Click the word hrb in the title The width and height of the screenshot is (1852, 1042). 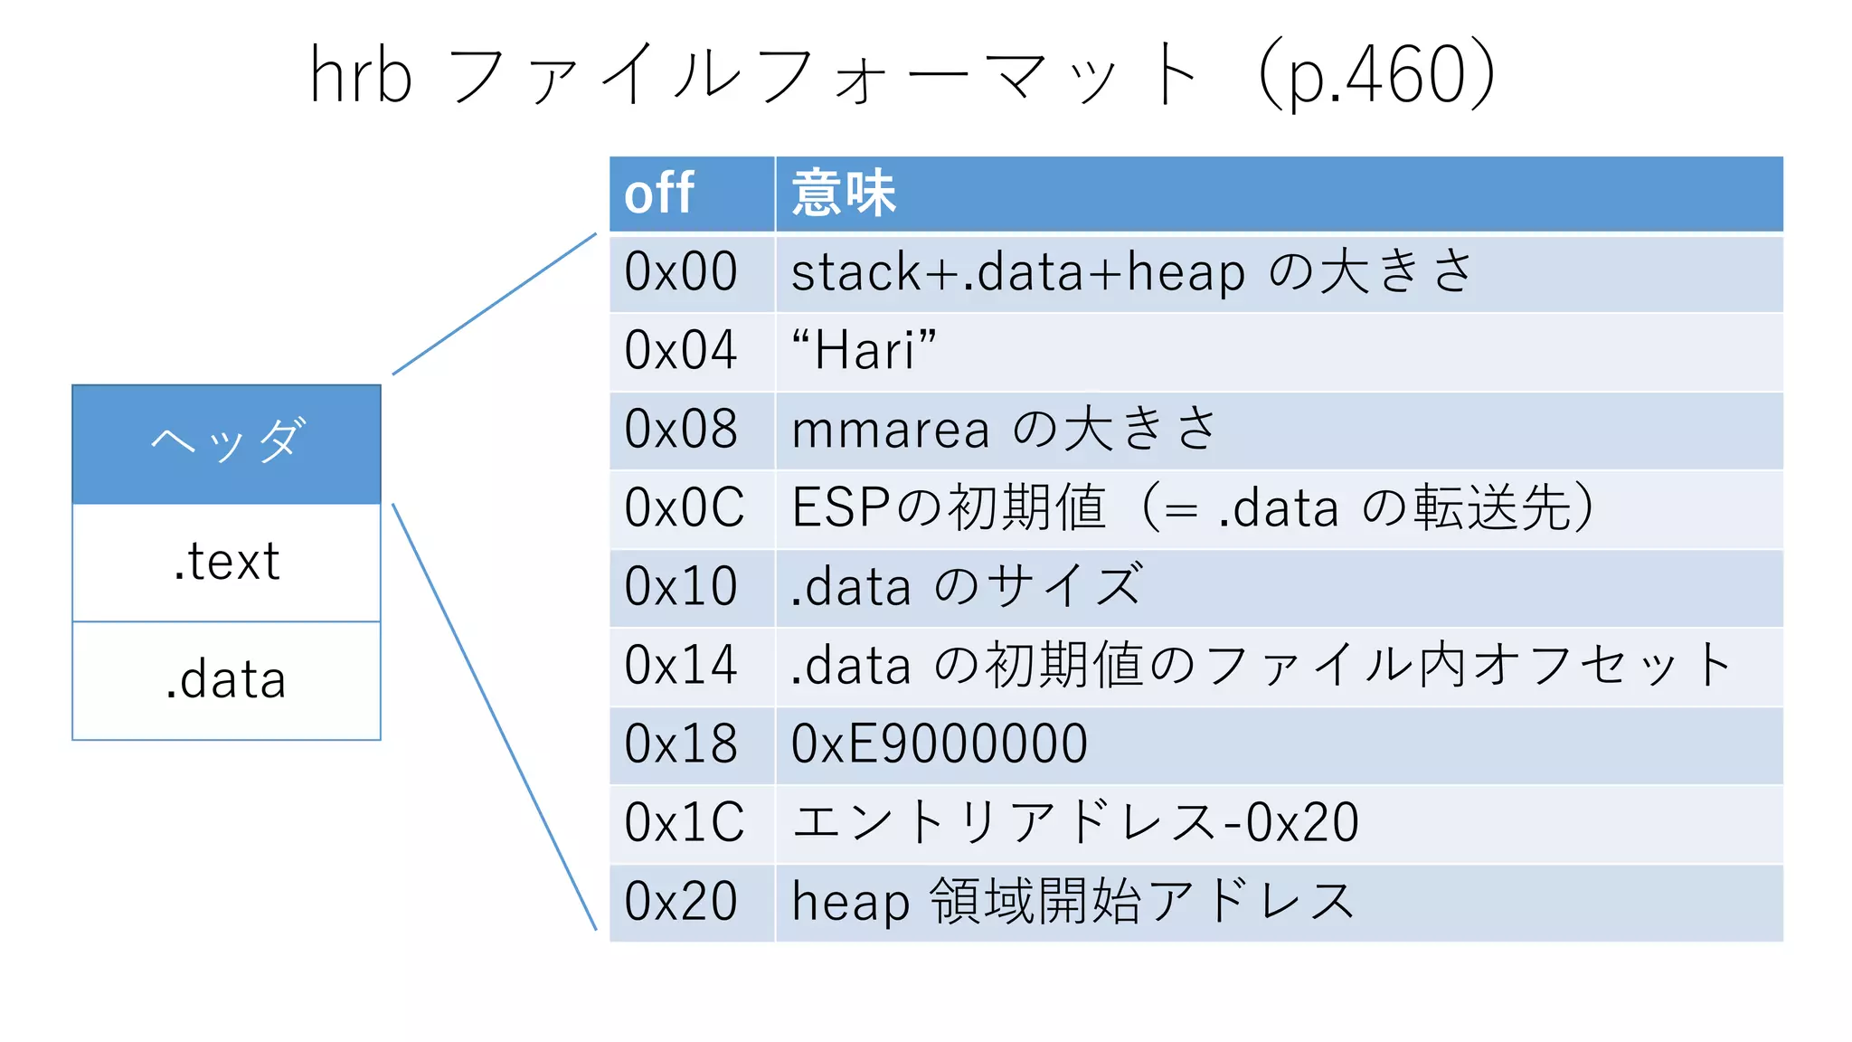click(x=360, y=76)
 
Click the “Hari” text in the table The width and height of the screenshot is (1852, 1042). click(x=864, y=351)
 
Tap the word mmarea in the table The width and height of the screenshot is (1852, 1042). click(x=890, y=430)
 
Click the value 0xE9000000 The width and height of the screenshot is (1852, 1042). click(x=939, y=744)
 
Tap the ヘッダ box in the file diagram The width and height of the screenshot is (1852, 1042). click(x=226, y=443)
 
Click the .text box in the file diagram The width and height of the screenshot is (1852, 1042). click(x=226, y=562)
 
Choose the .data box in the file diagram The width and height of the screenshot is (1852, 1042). click(x=226, y=680)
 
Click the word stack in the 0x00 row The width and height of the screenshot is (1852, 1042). click(x=855, y=272)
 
